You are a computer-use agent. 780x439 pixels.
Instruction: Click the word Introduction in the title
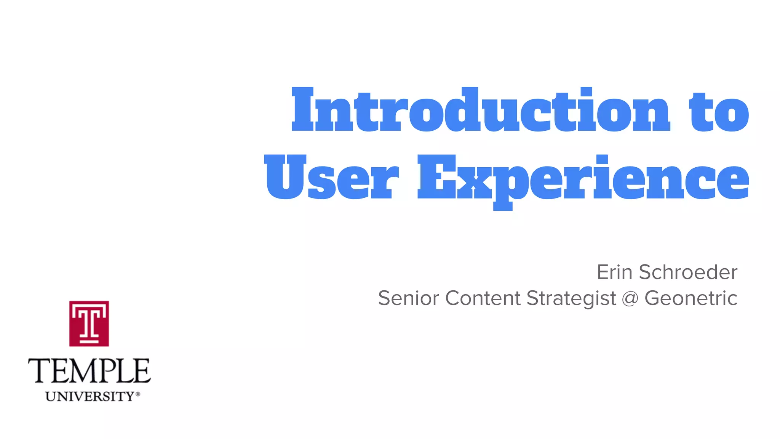(481, 110)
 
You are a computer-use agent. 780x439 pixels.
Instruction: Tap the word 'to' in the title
(719, 112)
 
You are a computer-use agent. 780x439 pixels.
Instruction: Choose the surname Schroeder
(688, 272)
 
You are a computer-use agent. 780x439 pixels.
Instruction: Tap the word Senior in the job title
(408, 298)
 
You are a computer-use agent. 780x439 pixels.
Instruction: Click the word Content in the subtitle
(483, 298)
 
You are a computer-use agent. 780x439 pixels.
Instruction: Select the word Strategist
(571, 299)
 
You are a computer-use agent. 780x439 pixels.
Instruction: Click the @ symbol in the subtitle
(630, 298)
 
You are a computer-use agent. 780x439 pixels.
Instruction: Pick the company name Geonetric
(691, 298)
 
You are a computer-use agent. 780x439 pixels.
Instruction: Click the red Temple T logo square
(89, 324)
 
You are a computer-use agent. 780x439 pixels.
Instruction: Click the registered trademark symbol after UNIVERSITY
(138, 394)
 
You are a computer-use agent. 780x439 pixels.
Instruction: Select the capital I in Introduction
(303, 109)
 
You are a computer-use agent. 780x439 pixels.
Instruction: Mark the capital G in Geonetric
(654, 298)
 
